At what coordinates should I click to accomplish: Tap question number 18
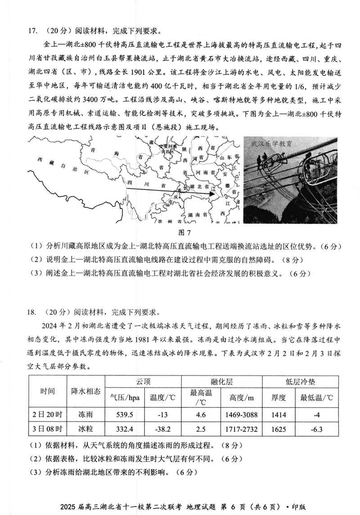point(32,312)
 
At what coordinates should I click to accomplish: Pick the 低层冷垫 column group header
point(301,382)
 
